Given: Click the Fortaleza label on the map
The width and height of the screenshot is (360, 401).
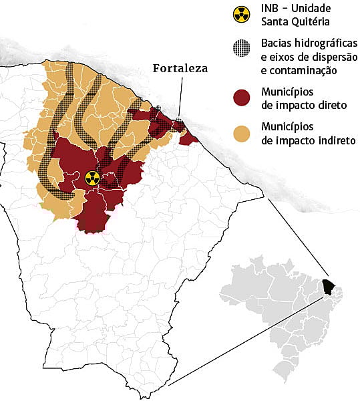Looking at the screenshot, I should tap(180, 68).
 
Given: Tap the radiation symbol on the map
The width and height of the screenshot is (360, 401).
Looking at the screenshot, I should tap(92, 178).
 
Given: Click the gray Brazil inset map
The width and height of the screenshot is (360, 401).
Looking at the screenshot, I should tap(281, 307).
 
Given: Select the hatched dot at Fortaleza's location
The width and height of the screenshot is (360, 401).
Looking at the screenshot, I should tap(179, 122).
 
